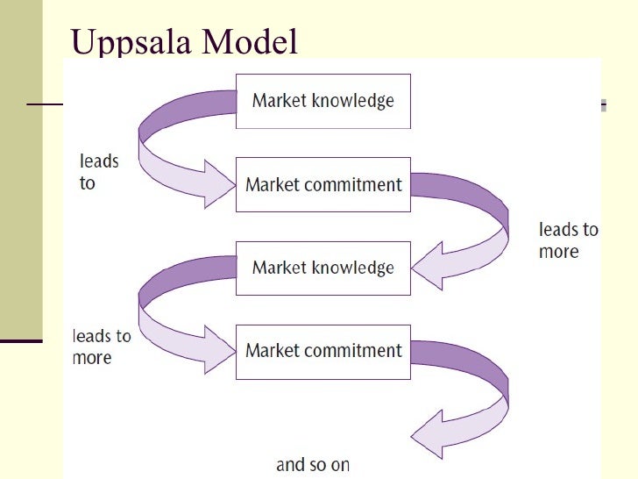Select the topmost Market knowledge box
pyautogui.click(x=323, y=100)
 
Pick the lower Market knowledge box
pyautogui.click(x=323, y=268)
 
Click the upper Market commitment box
pyautogui.click(x=323, y=184)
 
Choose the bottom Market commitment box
pyautogui.click(x=323, y=351)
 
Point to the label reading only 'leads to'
pyautogui.click(x=99, y=172)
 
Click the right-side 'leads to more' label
pyautogui.click(x=568, y=240)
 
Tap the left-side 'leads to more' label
pyautogui.click(x=102, y=347)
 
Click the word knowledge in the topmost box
pyautogui.click(x=353, y=100)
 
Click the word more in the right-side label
pyautogui.click(x=558, y=252)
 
